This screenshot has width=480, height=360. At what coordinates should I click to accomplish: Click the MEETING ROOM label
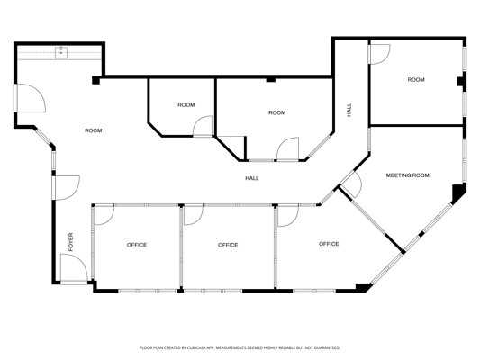coord(407,175)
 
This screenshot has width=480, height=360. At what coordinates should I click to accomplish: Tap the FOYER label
coord(71,242)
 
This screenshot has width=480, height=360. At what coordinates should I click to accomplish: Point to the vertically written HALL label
coord(349,110)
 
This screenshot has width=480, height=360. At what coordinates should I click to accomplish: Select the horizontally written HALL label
coord(252,178)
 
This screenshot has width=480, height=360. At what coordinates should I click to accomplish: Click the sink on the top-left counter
coord(61,52)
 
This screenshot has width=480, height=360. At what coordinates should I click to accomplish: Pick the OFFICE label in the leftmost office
coord(137,245)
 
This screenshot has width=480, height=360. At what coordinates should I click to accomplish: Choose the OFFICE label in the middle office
coord(228,245)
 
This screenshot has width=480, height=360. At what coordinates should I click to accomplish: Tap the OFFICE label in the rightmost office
coord(329,244)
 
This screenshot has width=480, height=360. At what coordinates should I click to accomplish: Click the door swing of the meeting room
coord(351,184)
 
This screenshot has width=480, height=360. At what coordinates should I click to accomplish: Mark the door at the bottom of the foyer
coord(74,268)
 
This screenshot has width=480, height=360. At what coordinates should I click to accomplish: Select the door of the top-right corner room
coord(380,54)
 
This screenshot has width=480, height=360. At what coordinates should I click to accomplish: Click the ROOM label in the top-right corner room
coord(416,80)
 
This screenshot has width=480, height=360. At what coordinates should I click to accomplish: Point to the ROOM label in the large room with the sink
coord(94,130)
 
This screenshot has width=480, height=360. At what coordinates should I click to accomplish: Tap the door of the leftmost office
coord(104,215)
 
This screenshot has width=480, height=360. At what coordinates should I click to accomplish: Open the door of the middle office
coord(194,215)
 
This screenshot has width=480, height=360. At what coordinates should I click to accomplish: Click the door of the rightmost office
coord(288,216)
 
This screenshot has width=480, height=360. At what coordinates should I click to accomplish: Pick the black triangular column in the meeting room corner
coord(458,193)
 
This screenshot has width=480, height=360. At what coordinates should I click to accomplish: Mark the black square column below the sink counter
coord(95,80)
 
